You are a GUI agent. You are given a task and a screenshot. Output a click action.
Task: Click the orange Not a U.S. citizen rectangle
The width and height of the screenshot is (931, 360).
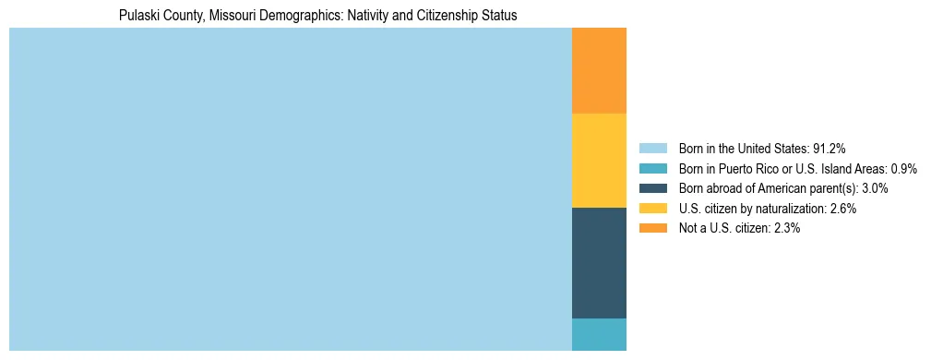pos(599,70)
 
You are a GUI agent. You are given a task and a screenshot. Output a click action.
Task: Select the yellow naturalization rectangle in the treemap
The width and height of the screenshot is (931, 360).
pos(599,161)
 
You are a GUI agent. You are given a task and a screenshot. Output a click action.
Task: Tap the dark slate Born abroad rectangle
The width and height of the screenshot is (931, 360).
pos(599,263)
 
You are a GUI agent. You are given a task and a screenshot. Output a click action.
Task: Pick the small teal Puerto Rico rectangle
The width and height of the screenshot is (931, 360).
pos(599,334)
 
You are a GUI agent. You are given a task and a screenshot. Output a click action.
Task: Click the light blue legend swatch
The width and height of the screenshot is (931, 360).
pos(652,149)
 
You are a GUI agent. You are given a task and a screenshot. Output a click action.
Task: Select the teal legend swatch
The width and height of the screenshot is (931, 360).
pos(652,169)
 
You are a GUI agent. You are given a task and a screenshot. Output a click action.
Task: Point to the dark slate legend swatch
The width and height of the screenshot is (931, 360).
pos(652,188)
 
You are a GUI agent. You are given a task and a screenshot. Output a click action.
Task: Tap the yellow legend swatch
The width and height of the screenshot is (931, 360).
pos(652,209)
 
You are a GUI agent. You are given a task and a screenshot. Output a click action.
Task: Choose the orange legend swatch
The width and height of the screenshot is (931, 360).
pos(652,228)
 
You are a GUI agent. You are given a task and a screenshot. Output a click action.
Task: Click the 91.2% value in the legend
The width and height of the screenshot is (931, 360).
pos(830,149)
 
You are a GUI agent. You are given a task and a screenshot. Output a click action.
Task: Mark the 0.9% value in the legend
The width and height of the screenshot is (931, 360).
pos(903,169)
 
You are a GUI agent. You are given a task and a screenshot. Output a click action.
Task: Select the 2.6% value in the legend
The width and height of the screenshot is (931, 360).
pos(841,209)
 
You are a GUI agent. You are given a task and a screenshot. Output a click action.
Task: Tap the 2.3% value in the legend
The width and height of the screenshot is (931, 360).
pos(784,228)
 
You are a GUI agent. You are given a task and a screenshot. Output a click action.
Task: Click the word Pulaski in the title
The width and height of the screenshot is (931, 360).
pos(140,16)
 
